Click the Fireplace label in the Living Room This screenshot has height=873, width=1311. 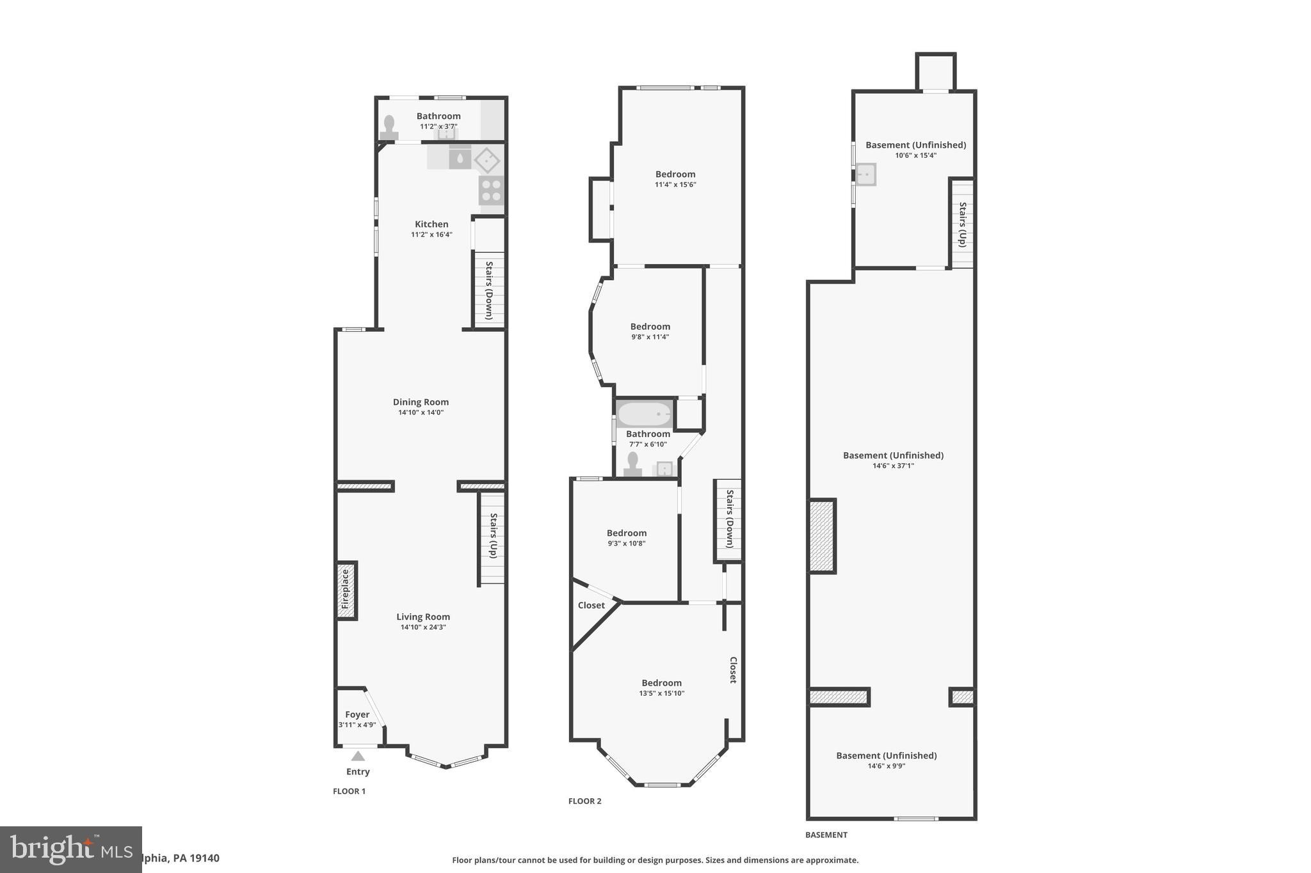346,590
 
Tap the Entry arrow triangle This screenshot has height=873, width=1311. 358,756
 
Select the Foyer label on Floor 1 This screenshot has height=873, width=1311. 357,714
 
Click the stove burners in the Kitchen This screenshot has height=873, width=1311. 492,191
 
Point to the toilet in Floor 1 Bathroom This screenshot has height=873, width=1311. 389,127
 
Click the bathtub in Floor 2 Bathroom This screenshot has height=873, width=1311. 645,414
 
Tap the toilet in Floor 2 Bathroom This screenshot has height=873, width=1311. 632,464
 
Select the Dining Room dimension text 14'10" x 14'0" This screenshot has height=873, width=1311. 421,413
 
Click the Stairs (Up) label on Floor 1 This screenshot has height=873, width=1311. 494,536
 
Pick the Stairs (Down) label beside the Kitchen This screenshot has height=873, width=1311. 489,290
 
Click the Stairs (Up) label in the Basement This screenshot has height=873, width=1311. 962,224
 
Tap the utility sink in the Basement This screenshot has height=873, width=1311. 865,175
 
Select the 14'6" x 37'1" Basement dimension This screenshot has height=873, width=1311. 893,466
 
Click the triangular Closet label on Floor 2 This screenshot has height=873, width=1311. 591,605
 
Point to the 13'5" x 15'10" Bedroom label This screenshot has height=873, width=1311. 661,688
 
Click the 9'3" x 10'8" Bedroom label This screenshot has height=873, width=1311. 626,537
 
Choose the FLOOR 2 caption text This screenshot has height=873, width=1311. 584,801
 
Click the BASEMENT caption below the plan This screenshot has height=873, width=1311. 826,835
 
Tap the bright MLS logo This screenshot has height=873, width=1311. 70,849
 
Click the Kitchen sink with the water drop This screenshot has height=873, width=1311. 460,157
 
